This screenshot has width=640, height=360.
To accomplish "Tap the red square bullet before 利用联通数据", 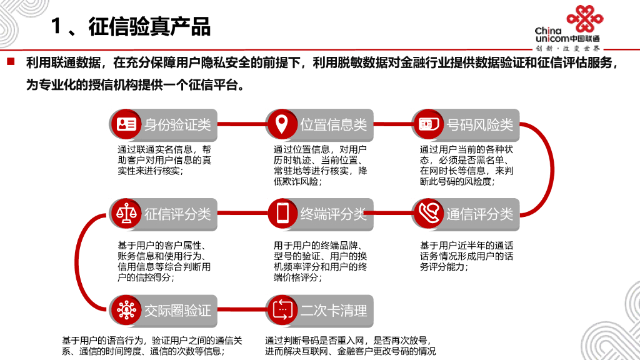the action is click(11, 62).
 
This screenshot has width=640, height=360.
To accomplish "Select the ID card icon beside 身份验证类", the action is click(126, 124).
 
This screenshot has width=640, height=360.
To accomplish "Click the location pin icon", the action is click(282, 124).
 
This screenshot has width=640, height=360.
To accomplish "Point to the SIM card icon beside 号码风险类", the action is click(427, 124).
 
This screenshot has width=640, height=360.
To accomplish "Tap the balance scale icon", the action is click(126, 214).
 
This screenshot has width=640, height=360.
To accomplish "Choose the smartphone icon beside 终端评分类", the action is click(282, 214).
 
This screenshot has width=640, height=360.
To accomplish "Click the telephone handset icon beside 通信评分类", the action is click(428, 214).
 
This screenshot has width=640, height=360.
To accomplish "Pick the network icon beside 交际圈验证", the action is click(126, 310).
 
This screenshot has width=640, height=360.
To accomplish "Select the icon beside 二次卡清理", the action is click(282, 310).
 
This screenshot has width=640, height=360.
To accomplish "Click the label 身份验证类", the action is click(177, 125).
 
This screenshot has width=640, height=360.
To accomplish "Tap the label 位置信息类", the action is click(333, 125).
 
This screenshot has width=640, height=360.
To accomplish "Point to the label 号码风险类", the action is click(479, 125).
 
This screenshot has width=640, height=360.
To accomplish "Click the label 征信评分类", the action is click(177, 214).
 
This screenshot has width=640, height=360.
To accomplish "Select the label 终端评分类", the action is click(333, 214).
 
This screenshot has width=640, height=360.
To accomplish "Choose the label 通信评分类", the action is click(479, 214).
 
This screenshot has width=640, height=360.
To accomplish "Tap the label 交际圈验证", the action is click(177, 311).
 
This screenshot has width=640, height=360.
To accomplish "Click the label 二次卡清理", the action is click(333, 311).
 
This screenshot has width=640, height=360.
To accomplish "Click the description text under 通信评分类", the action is click(466, 256).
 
